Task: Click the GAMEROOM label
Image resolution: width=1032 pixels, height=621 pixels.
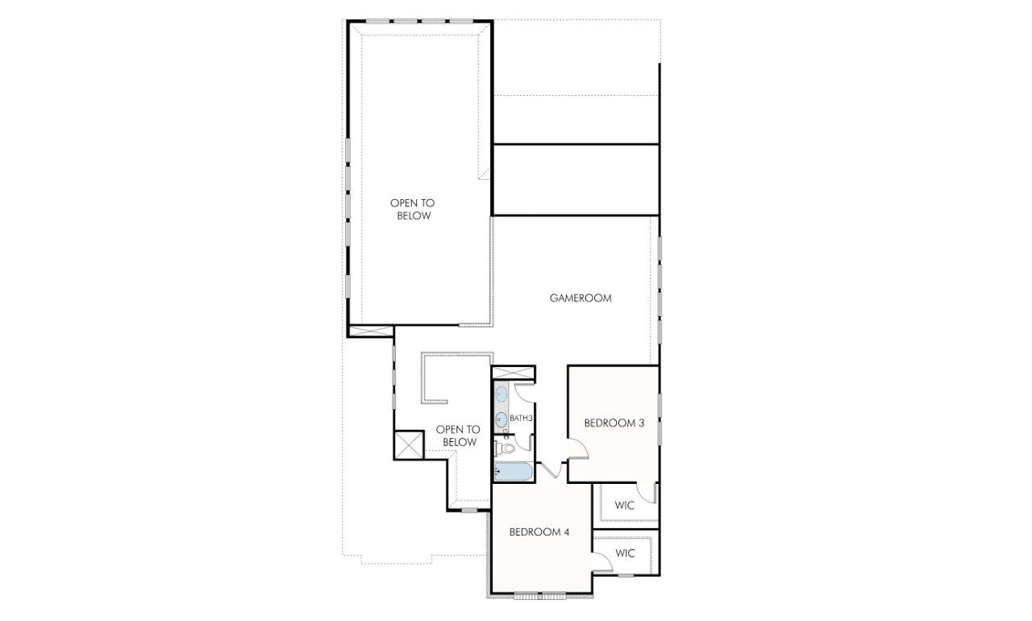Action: (x=580, y=298)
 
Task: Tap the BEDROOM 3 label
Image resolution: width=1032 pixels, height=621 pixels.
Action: (x=614, y=423)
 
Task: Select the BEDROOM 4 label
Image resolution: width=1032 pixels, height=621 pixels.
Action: (x=539, y=532)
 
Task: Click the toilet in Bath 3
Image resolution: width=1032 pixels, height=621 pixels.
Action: (x=506, y=448)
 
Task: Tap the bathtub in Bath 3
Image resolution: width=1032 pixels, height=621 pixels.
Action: (x=512, y=472)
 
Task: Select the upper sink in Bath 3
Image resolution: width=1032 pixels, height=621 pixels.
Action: (x=501, y=395)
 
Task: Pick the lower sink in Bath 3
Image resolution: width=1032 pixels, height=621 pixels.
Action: (x=501, y=419)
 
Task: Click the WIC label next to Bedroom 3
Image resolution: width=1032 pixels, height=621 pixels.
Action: (x=624, y=506)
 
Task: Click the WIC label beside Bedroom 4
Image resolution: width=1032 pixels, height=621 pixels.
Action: (x=625, y=553)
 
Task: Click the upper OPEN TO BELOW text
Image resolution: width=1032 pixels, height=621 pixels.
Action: (x=412, y=210)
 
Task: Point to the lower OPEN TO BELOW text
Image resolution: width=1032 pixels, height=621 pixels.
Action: (x=457, y=436)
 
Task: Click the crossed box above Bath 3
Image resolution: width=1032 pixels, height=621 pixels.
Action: (x=512, y=373)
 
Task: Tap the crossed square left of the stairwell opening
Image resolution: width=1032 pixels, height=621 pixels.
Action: (x=409, y=444)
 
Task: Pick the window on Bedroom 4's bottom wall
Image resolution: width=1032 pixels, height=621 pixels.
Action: (x=540, y=595)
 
